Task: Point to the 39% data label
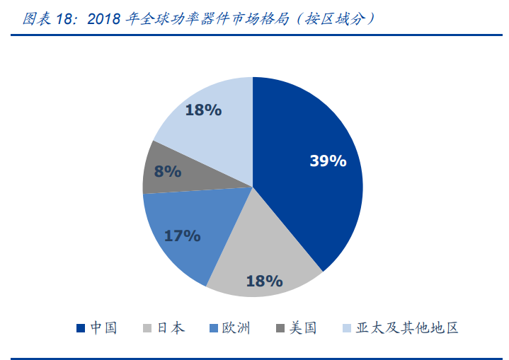coord(328,161)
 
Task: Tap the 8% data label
coord(168,171)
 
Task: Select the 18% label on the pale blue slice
coord(203,110)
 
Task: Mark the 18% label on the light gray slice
coord(264,281)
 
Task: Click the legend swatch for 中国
coord(81,328)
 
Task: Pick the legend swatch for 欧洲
coord(213,328)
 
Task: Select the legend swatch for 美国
coord(280,328)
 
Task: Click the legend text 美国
coord(302,328)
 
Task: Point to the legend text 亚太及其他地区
coord(408,328)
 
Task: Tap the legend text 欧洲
coord(236,328)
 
